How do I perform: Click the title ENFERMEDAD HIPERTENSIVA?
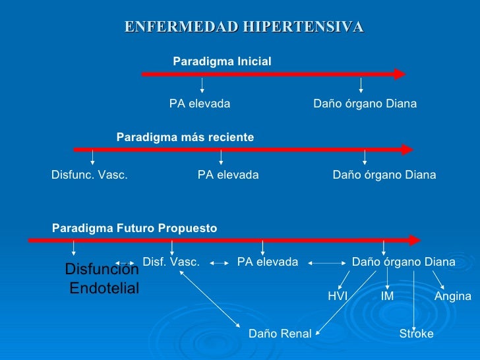pos(244,27)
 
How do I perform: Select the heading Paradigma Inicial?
pos(222,61)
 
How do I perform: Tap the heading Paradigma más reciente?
pos(185,137)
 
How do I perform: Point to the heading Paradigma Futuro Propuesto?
pos(134,228)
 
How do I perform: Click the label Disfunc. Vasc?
pos(89,175)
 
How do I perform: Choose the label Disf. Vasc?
pos(171,262)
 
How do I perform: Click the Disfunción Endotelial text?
pos(103,279)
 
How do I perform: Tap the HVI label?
pos(337,297)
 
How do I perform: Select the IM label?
pos(387,297)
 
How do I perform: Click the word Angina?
pos(452,297)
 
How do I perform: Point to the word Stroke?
pos(417,334)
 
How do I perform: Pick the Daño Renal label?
pos(280,334)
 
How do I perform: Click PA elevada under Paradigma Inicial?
pos(200,104)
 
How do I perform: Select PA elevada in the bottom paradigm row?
pos(267,262)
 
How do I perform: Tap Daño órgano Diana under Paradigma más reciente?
pos(384,175)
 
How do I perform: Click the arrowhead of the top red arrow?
pos(400,74)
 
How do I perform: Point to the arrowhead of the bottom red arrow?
pos(415,241)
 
